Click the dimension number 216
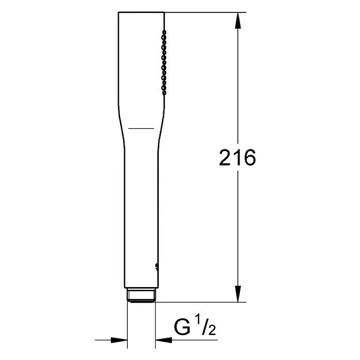pos(237,158)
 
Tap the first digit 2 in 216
pos(225,158)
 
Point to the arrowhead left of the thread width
pos(120,340)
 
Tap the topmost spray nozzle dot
pos(164,32)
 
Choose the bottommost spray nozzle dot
pos(164,93)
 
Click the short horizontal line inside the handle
pos(141,127)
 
